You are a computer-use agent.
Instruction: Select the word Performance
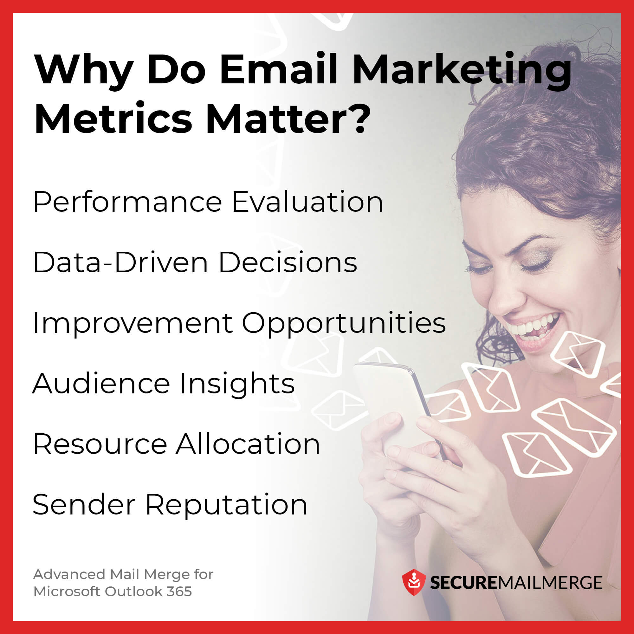(128, 203)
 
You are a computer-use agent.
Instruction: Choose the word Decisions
(288, 262)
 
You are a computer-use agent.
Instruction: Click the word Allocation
(248, 444)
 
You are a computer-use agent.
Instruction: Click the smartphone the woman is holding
(394, 404)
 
